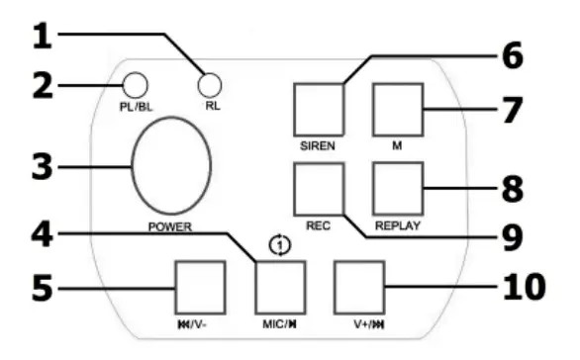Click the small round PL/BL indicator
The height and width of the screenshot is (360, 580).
tap(136, 85)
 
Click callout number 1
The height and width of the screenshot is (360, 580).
tap(41, 37)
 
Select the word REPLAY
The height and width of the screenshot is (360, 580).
tap(398, 225)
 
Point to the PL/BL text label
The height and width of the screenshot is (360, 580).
tap(137, 106)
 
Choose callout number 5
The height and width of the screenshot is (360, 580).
tap(41, 290)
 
